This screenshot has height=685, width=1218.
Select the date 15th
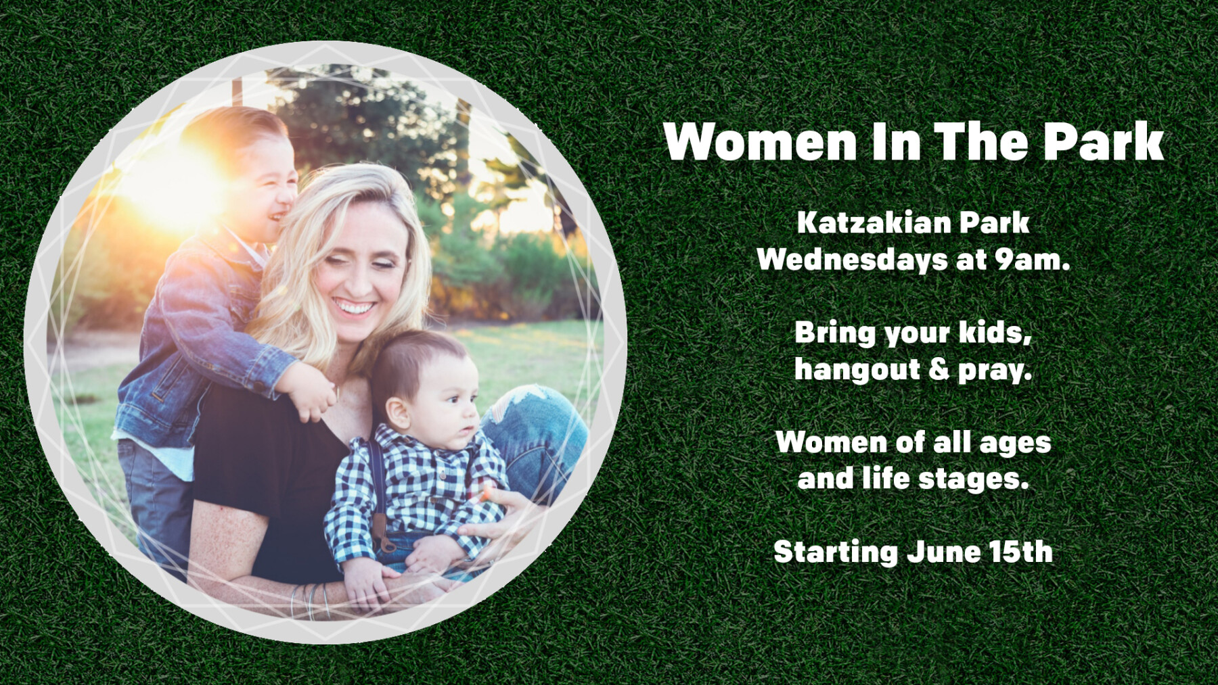click(1021, 552)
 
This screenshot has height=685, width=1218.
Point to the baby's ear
click(398, 413)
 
